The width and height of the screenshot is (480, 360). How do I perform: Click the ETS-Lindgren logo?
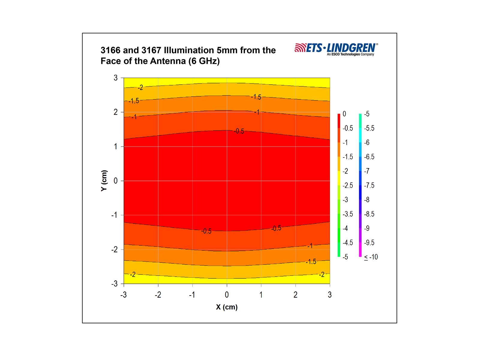tap(336, 49)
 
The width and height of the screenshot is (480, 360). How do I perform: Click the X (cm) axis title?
tap(226, 307)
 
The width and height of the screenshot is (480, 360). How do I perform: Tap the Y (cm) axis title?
tap(104, 181)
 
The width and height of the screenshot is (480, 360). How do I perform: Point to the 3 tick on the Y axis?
tap(115, 78)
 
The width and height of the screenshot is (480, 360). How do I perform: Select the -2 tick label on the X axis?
tap(158, 295)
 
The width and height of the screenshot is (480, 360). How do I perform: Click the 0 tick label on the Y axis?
tap(115, 181)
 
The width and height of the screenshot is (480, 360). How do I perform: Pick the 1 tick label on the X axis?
tap(261, 295)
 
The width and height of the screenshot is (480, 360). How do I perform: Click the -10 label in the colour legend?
tap(371, 257)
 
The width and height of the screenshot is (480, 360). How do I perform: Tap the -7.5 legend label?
tap(369, 185)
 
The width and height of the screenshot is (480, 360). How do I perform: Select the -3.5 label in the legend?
tap(348, 214)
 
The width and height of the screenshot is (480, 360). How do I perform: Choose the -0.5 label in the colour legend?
tap(348, 128)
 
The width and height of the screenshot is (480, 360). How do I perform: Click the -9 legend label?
tap(367, 228)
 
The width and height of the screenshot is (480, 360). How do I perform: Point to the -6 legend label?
tap(367, 142)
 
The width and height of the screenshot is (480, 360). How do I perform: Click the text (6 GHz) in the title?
tap(204, 61)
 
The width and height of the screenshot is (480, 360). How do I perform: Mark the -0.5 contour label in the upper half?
tap(239, 131)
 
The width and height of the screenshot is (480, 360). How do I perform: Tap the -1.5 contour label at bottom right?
tap(311, 262)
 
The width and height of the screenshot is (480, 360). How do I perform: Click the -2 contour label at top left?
tap(140, 88)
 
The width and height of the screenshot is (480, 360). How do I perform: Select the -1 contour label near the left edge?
tap(134, 117)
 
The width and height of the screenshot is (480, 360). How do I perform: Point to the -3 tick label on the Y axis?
tap(114, 284)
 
